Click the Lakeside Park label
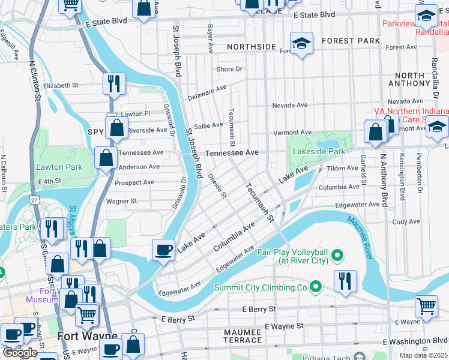tap(319, 152)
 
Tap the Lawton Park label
tap(59, 166)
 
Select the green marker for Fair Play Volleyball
tap(337, 256)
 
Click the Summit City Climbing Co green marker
tap(315, 288)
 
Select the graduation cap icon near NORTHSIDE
tap(301, 43)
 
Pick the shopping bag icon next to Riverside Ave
tap(116, 127)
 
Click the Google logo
tap(20, 353)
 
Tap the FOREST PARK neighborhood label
tap(351, 41)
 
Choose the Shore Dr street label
tap(229, 69)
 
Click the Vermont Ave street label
tap(292, 132)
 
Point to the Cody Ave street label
tap(406, 221)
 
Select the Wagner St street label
tap(121, 202)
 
